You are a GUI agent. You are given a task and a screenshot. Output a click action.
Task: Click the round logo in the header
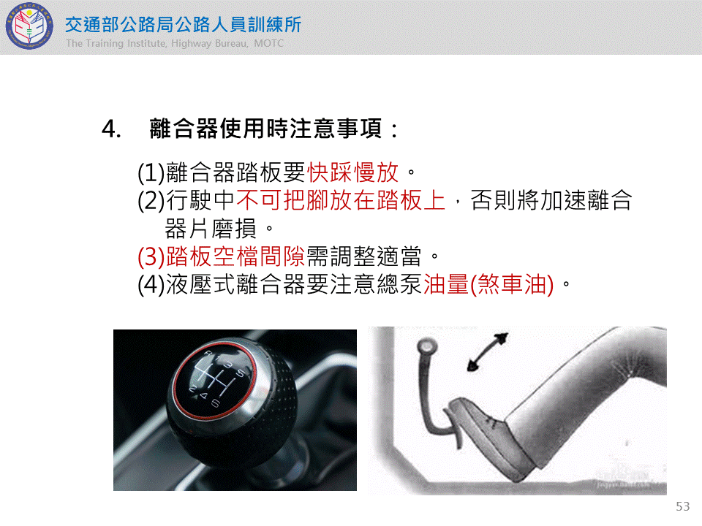pos(29,26)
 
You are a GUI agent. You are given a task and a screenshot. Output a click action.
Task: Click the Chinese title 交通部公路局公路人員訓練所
pos(183,25)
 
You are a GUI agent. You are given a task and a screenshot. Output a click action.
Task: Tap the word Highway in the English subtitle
pos(191,43)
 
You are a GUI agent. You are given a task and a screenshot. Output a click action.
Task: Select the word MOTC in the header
pos(268,43)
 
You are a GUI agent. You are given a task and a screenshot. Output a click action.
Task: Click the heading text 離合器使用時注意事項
pos(265,129)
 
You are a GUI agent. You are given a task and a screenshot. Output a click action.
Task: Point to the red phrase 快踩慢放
pos(352,172)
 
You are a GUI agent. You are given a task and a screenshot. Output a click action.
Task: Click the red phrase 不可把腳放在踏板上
pos(341,200)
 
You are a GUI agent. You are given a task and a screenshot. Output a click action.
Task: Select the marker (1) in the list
pos(151,172)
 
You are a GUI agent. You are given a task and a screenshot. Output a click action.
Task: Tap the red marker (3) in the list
pos(151,256)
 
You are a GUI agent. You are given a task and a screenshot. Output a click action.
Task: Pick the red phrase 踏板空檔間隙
pos(235,256)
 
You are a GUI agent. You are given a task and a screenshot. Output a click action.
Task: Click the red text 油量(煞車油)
pos(489,284)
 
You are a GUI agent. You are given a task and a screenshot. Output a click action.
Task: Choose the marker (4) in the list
pos(151,285)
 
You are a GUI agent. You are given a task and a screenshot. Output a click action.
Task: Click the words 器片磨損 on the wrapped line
pos(211,229)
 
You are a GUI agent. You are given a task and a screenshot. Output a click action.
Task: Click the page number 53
pos(683,506)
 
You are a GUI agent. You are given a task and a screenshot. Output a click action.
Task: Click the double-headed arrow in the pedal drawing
pos(488,352)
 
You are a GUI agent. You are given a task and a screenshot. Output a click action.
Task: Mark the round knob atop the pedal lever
pos(426,346)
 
